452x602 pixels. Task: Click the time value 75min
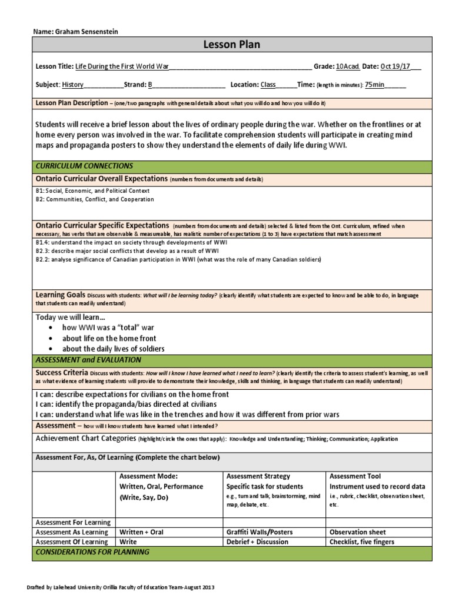click(374, 85)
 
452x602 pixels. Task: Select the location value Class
click(268, 85)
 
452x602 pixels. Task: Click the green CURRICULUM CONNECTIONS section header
click(84, 166)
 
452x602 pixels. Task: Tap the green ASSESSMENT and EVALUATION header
click(88, 360)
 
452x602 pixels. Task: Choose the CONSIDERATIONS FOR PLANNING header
click(92, 552)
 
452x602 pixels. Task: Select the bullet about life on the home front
click(109, 339)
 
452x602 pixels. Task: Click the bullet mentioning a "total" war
click(108, 327)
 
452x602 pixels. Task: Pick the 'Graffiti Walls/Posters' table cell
click(260, 532)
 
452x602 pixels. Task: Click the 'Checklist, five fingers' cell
click(361, 541)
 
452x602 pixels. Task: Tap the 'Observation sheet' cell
click(358, 532)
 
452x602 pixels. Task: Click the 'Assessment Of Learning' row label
click(72, 541)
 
